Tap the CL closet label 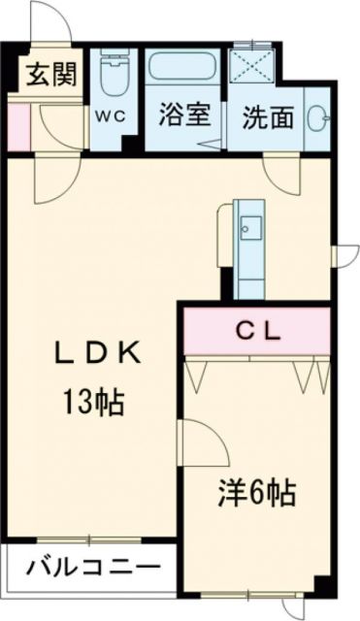[x=259, y=331]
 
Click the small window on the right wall [x=341, y=254]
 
